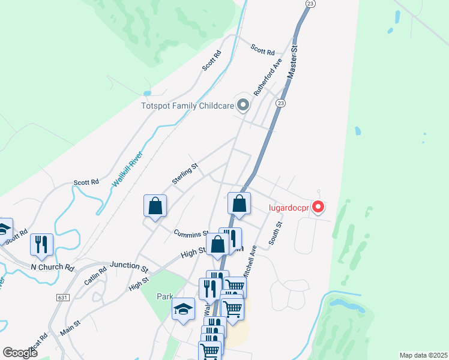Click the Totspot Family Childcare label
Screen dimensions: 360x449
click(187, 106)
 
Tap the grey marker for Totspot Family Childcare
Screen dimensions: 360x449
click(243, 106)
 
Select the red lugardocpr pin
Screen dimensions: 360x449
click(319, 208)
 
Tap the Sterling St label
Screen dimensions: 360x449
click(185, 174)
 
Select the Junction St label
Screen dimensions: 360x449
click(128, 265)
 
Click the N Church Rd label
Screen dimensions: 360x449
click(52, 265)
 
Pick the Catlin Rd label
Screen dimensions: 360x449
click(95, 275)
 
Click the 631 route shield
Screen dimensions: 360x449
click(62, 297)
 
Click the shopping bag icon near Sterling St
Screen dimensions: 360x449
click(155, 206)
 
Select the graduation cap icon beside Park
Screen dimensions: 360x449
click(184, 310)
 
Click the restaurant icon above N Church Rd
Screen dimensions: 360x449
click(42, 244)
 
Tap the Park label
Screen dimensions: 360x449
click(164, 296)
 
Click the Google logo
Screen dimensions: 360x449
click(20, 353)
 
